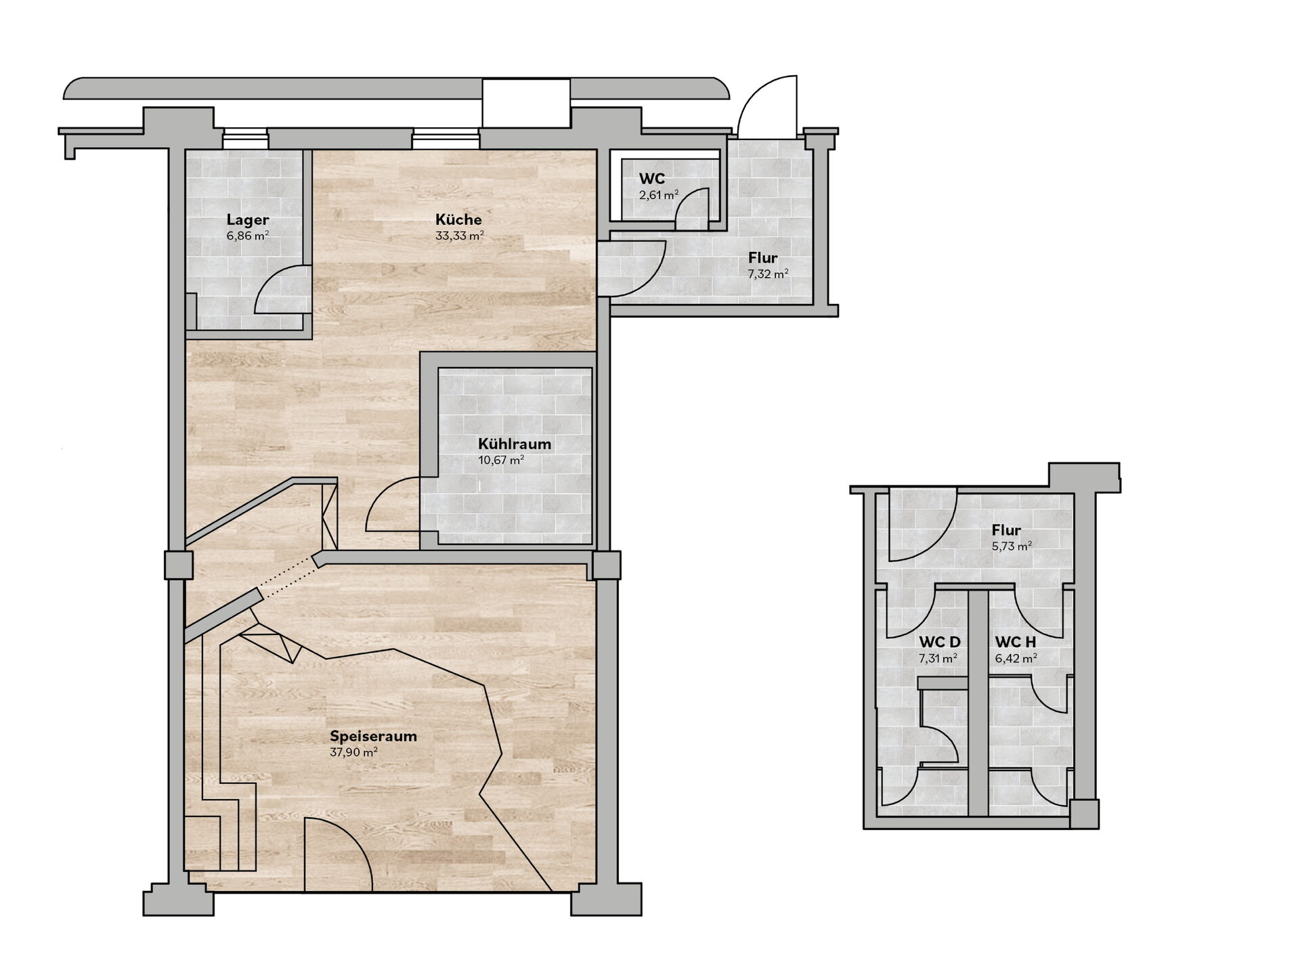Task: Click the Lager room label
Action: (248, 219)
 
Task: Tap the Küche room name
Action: (458, 219)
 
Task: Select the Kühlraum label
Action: (515, 445)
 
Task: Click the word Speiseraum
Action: (373, 736)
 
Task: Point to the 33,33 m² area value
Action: (460, 236)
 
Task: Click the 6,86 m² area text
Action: (248, 236)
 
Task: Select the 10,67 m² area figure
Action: (501, 461)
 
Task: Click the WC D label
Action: (939, 642)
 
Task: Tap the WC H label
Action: (1016, 642)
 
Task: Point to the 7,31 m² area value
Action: (938, 658)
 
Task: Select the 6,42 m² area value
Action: (1016, 658)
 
